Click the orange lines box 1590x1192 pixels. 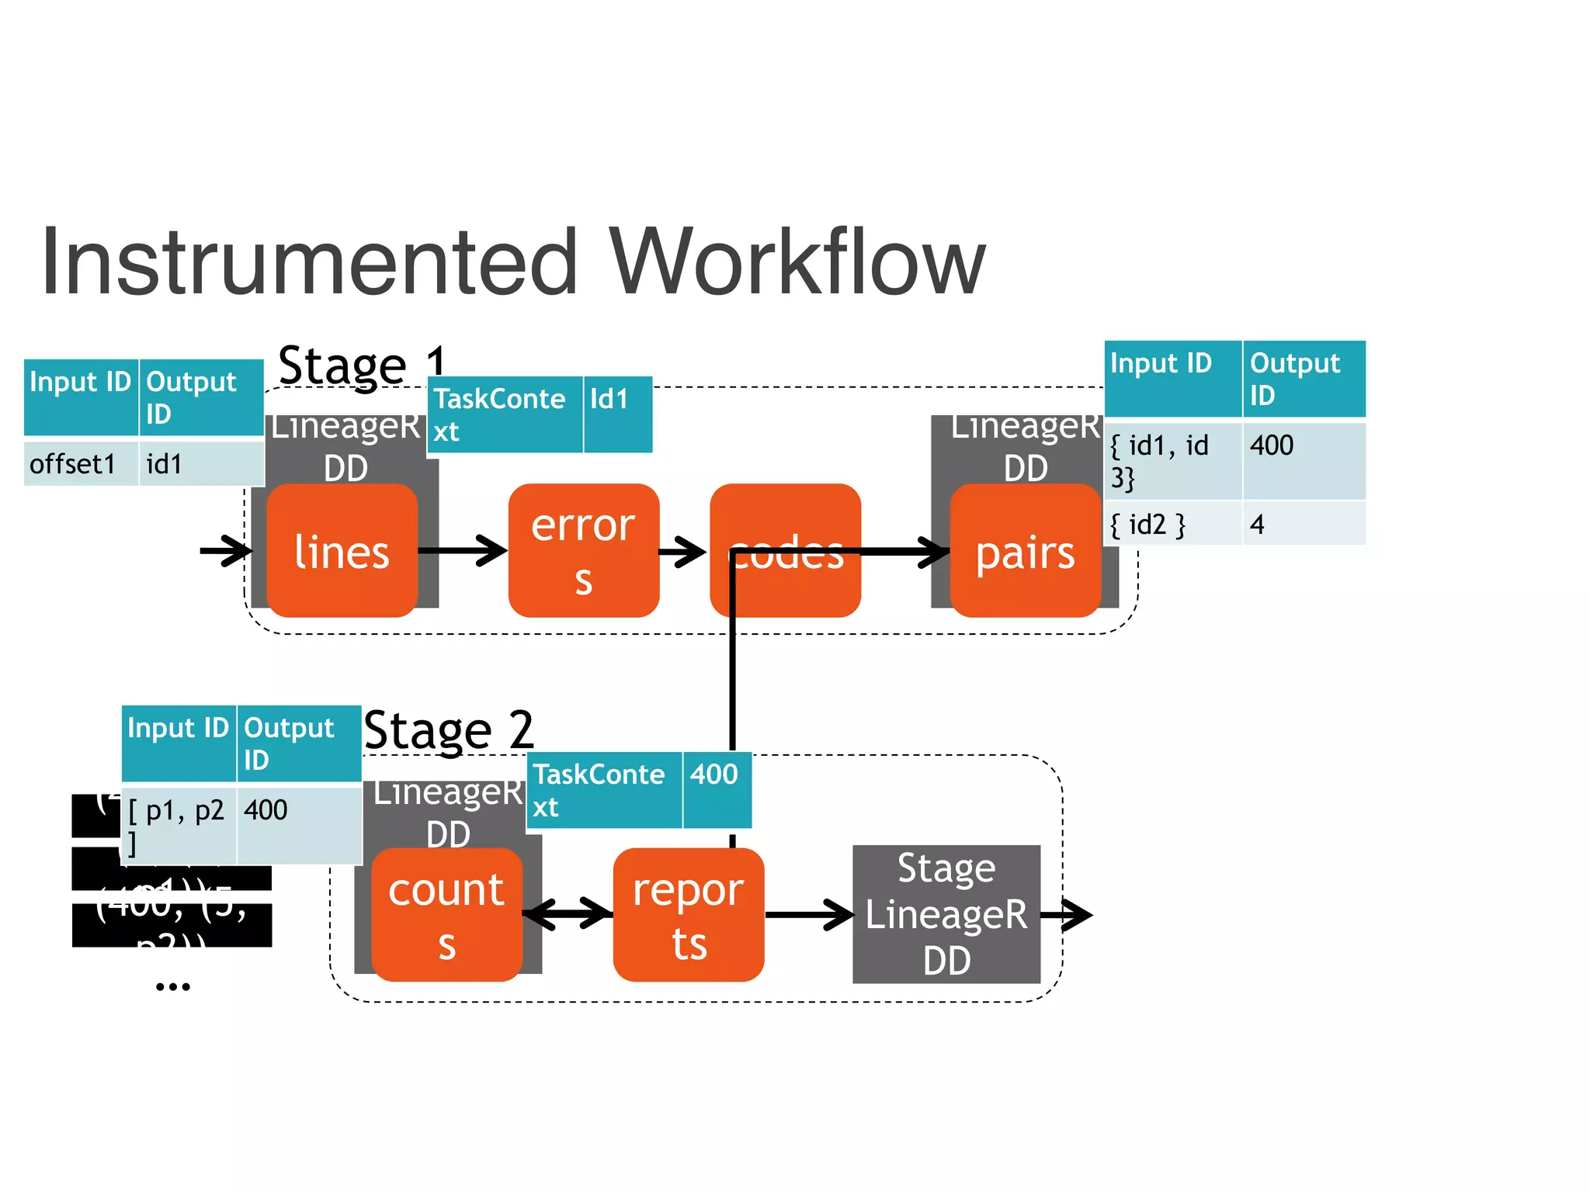click(342, 551)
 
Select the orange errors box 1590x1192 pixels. click(583, 551)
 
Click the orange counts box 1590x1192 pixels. click(446, 915)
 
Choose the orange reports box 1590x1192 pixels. click(688, 915)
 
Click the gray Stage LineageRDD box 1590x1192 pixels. click(946, 914)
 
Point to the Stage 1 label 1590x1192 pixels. click(362, 365)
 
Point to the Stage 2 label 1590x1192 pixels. click(449, 730)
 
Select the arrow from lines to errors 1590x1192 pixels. click(463, 551)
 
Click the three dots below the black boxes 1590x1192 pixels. click(172, 987)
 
